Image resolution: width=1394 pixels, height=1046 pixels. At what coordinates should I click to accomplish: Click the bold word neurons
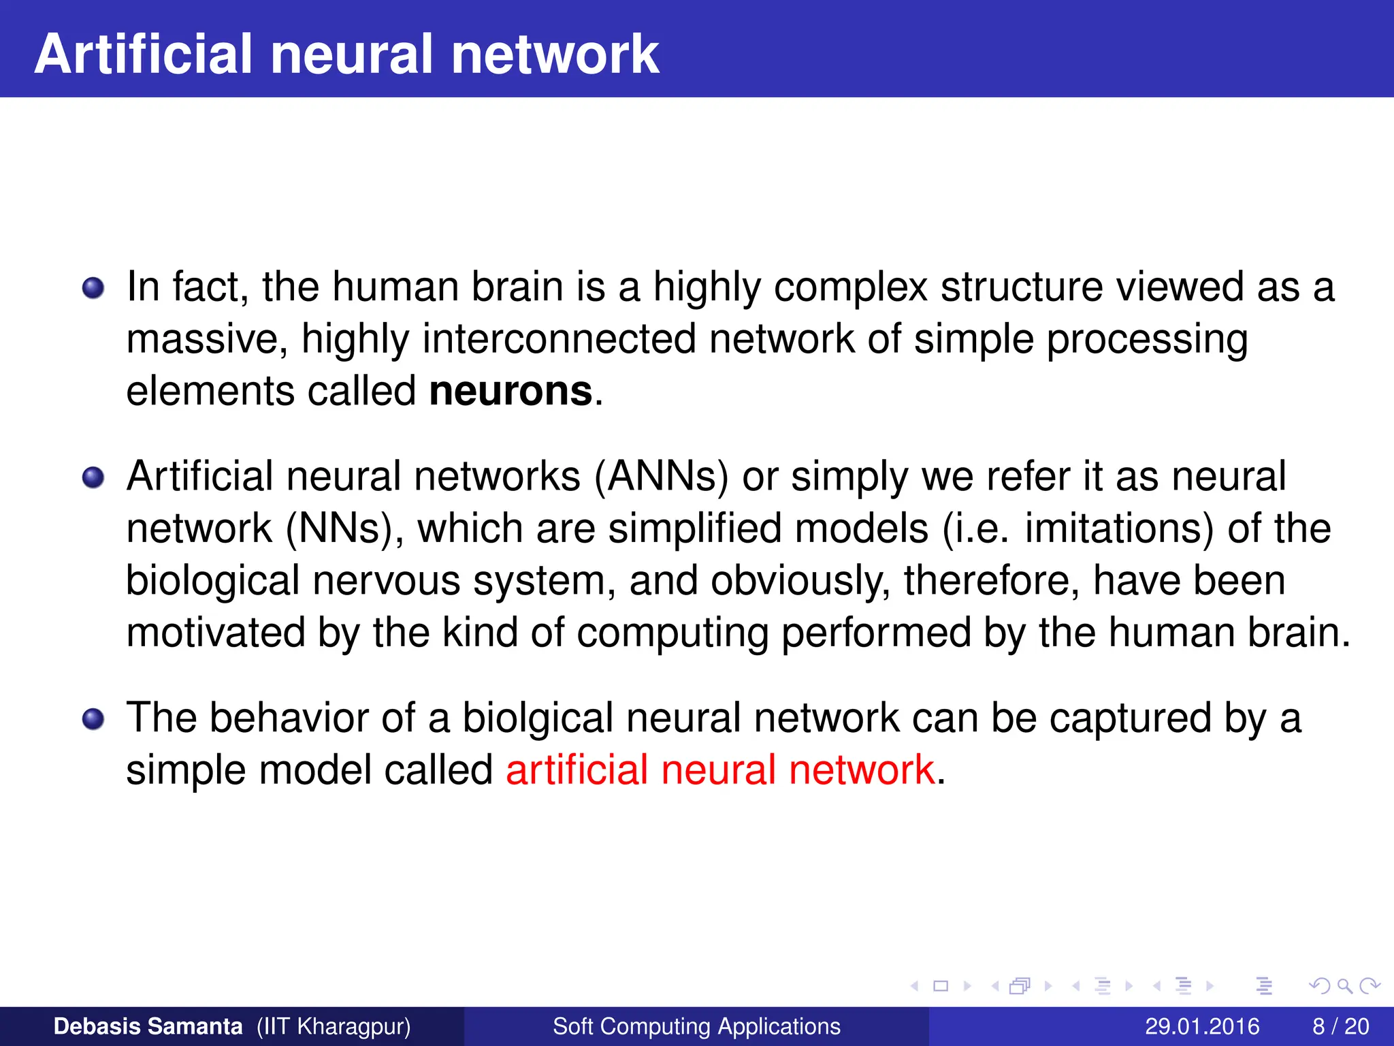[510, 392]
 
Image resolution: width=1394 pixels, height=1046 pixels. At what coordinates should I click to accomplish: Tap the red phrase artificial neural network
[720, 770]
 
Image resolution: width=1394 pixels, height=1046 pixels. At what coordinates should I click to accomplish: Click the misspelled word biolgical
[538, 718]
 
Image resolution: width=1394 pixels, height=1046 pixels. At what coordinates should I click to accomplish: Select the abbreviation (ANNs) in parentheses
[661, 476]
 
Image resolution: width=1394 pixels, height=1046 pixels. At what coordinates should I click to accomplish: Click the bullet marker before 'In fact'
[93, 288]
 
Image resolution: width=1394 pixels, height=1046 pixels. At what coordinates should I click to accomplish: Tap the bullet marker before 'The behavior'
[93, 719]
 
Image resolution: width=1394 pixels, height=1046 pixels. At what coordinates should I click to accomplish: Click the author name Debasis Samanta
[148, 1026]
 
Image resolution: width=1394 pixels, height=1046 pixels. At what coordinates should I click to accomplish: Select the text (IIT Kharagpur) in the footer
[334, 1026]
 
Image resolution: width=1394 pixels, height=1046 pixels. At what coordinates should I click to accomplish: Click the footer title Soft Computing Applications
[696, 1026]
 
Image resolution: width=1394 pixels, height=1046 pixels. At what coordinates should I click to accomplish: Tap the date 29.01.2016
[1202, 1026]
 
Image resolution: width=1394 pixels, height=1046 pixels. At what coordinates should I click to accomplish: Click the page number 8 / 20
[1340, 1026]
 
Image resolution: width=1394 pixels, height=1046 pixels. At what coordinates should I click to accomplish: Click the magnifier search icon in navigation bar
[1344, 985]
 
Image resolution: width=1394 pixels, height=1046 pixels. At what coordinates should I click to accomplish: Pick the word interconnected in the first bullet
[559, 339]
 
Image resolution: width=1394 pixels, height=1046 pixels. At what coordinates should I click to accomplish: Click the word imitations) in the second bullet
[1119, 528]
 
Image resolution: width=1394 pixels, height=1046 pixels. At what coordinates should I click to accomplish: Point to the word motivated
[216, 633]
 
